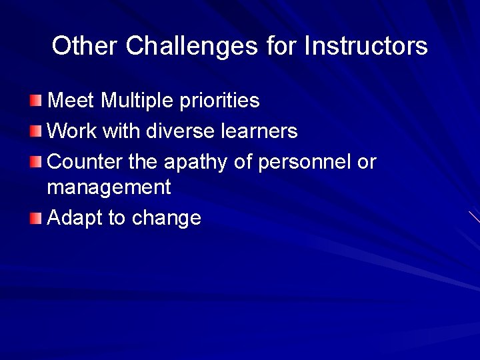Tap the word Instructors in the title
(365, 46)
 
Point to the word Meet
(72, 101)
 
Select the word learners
(261, 131)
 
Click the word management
(109, 188)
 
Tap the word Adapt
(75, 219)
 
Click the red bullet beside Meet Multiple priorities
(35, 101)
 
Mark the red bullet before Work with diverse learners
(35, 130)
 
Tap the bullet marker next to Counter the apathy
(35, 161)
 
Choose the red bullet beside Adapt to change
(35, 217)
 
